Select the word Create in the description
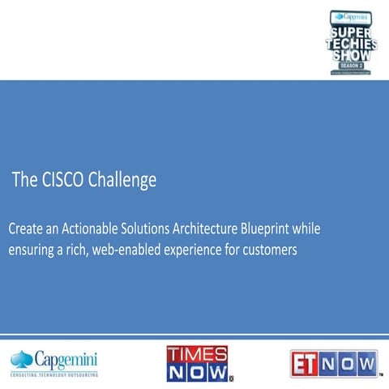click(28, 229)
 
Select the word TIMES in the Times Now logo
click(197, 353)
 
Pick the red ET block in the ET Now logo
click(306, 362)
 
